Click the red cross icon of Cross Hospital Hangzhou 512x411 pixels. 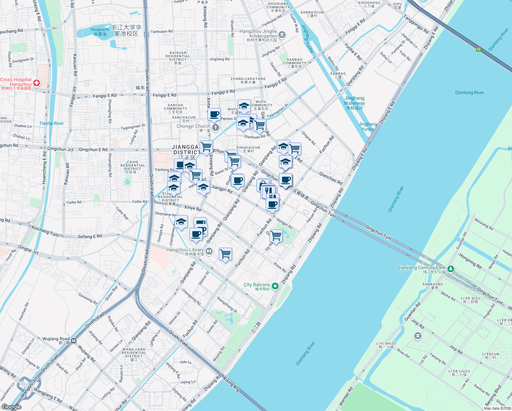pos(37,83)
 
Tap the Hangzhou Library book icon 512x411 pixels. pos(209,252)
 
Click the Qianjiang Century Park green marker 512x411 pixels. pos(451,269)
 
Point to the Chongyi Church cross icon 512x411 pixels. pos(215,128)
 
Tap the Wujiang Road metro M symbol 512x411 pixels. pos(74,341)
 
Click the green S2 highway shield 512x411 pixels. pos(478,49)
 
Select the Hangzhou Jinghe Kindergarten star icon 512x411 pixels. pos(282,34)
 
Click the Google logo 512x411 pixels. pos(11,407)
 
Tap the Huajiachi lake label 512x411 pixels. pos(100,32)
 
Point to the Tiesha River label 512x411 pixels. pos(51,123)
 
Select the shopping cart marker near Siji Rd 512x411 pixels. pos(276,236)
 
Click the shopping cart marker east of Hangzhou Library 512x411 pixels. pos(225,254)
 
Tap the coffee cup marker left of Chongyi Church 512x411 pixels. pos(214,114)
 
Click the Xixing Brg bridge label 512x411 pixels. pos(231,384)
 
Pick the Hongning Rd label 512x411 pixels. pos(470,261)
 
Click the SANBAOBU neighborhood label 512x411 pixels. pos(433,286)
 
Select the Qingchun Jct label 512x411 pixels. pos(60,149)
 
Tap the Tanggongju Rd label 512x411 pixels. pos(415,24)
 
